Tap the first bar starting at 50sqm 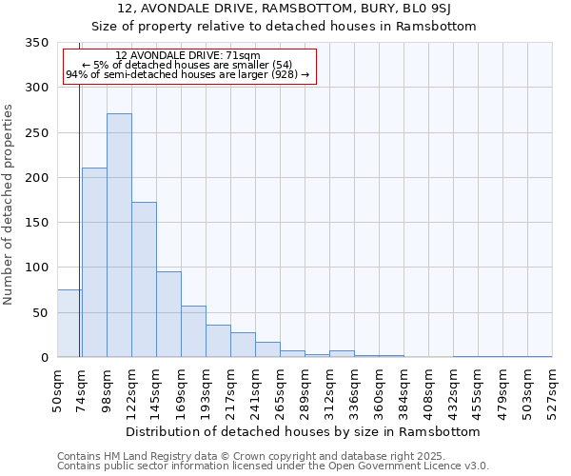(x=69, y=324)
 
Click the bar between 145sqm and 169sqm (x=168, y=314)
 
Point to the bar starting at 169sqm (x=193, y=331)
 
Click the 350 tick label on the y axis (x=36, y=43)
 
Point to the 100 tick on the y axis (x=36, y=268)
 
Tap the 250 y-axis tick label (x=36, y=133)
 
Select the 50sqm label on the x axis (x=57, y=387)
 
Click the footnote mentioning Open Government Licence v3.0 (x=272, y=466)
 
